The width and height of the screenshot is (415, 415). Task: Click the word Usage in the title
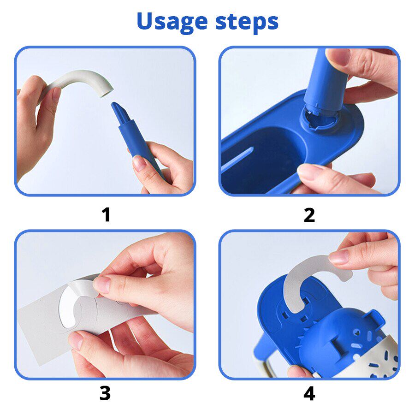point(170,22)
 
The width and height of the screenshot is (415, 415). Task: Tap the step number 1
point(106,215)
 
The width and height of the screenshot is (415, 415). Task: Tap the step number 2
point(309,215)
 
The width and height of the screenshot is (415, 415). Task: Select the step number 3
point(105,393)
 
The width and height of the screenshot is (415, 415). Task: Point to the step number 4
point(309,393)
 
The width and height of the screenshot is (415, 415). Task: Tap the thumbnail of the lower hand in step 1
point(139,163)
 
